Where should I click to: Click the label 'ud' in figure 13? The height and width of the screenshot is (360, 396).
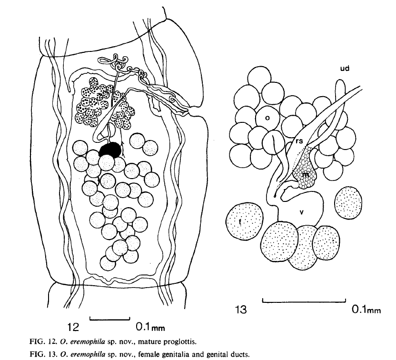click(x=345, y=69)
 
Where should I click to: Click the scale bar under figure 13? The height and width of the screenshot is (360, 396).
click(x=304, y=301)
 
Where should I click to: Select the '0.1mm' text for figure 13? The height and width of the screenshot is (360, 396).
click(x=366, y=310)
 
